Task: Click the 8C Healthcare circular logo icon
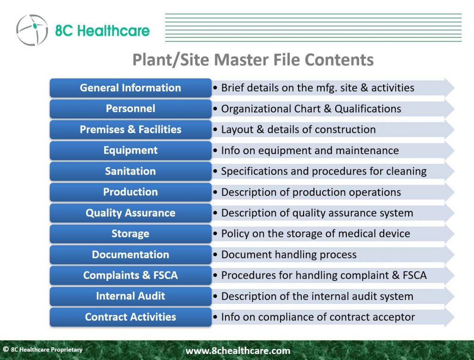tap(32, 30)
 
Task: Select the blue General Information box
tap(131, 88)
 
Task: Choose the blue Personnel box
tap(131, 109)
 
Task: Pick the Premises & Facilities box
tap(131, 130)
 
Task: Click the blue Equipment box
tap(131, 150)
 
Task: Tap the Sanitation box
tap(131, 171)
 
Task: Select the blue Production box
tap(131, 192)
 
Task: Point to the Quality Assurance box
tap(131, 213)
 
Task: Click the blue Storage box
tap(131, 234)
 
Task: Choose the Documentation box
tap(131, 255)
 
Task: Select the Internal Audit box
tap(131, 296)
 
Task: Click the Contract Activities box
tap(131, 317)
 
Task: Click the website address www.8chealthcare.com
tap(238, 351)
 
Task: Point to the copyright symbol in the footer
tap(6, 349)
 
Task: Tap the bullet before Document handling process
tap(215, 255)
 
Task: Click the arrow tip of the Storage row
tap(454, 234)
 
